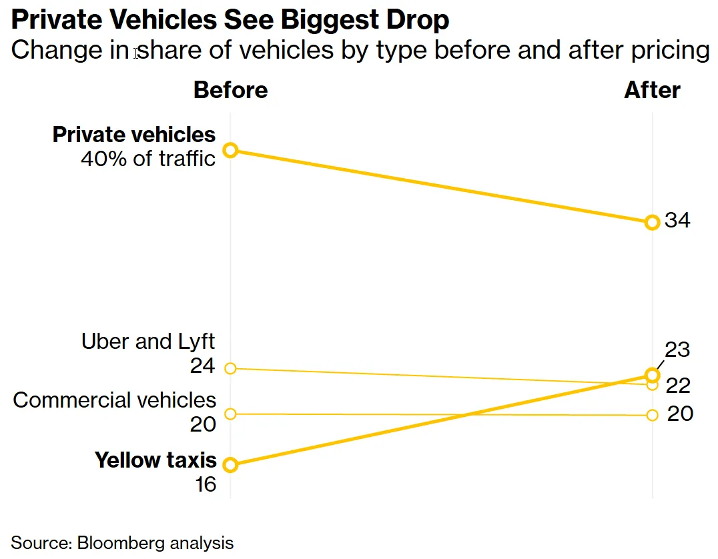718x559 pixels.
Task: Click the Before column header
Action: tap(230, 90)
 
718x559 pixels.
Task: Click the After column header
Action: tap(652, 90)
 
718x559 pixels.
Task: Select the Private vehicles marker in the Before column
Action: tap(230, 150)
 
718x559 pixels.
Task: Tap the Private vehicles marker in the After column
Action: tap(652, 222)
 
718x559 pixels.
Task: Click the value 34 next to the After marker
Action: tap(677, 220)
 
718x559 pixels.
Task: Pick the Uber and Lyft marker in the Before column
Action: tap(230, 368)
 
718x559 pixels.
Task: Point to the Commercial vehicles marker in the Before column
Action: tap(230, 414)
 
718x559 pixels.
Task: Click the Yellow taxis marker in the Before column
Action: tap(230, 465)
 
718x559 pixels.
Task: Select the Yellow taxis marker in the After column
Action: tap(652, 375)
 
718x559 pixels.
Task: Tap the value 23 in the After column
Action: tap(677, 350)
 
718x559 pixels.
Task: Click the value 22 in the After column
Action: tap(677, 386)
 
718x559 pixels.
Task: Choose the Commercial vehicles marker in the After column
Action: tap(652, 415)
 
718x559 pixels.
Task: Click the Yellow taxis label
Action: tap(155, 460)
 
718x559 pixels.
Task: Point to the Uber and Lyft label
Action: tap(148, 342)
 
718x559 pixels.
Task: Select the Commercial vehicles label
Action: tap(115, 400)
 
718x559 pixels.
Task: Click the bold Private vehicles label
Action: tap(134, 135)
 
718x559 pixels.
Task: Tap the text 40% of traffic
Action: tap(147, 159)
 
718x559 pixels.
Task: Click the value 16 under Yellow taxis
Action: tap(206, 484)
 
